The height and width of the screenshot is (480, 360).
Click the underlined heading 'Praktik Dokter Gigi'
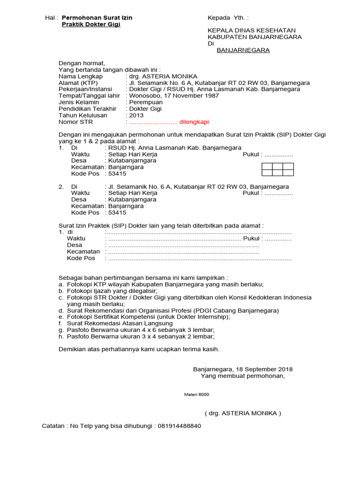[x=91, y=24]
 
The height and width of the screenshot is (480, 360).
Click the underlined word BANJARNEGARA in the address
[x=243, y=50]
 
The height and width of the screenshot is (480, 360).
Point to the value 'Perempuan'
[x=146, y=102]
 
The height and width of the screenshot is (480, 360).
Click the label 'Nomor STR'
[x=75, y=122]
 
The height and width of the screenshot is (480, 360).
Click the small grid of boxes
[x=277, y=169]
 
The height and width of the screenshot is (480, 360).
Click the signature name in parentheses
[x=243, y=413]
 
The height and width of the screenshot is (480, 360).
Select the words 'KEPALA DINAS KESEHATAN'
[x=248, y=30]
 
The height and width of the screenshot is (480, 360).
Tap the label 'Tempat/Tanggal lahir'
[x=89, y=96]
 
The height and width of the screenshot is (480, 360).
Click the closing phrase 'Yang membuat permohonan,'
[x=242, y=376]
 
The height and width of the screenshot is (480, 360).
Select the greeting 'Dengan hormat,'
[x=82, y=63]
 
